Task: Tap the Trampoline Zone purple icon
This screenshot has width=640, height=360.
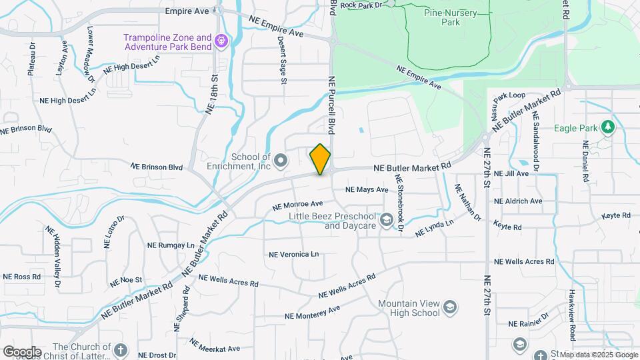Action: click(x=221, y=42)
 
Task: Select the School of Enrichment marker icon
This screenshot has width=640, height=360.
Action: click(x=281, y=160)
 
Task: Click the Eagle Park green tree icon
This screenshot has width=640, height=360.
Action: click(x=607, y=127)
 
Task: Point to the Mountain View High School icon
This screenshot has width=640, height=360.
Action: click(x=450, y=307)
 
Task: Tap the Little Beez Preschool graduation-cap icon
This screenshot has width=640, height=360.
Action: click(x=386, y=220)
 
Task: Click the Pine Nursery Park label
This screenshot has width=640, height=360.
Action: click(x=441, y=17)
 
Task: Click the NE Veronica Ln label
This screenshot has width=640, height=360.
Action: click(x=293, y=254)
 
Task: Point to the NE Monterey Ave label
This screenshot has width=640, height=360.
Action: click(x=312, y=312)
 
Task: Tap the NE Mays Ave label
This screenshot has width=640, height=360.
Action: click(x=367, y=190)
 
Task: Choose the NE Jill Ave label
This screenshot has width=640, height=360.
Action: click(x=511, y=173)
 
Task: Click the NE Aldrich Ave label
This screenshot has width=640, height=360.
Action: click(x=518, y=201)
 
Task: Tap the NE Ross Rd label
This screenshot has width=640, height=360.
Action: click(x=22, y=277)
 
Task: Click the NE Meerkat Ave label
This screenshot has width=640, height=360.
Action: click(x=215, y=345)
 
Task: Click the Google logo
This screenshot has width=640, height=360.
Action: click(x=22, y=351)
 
